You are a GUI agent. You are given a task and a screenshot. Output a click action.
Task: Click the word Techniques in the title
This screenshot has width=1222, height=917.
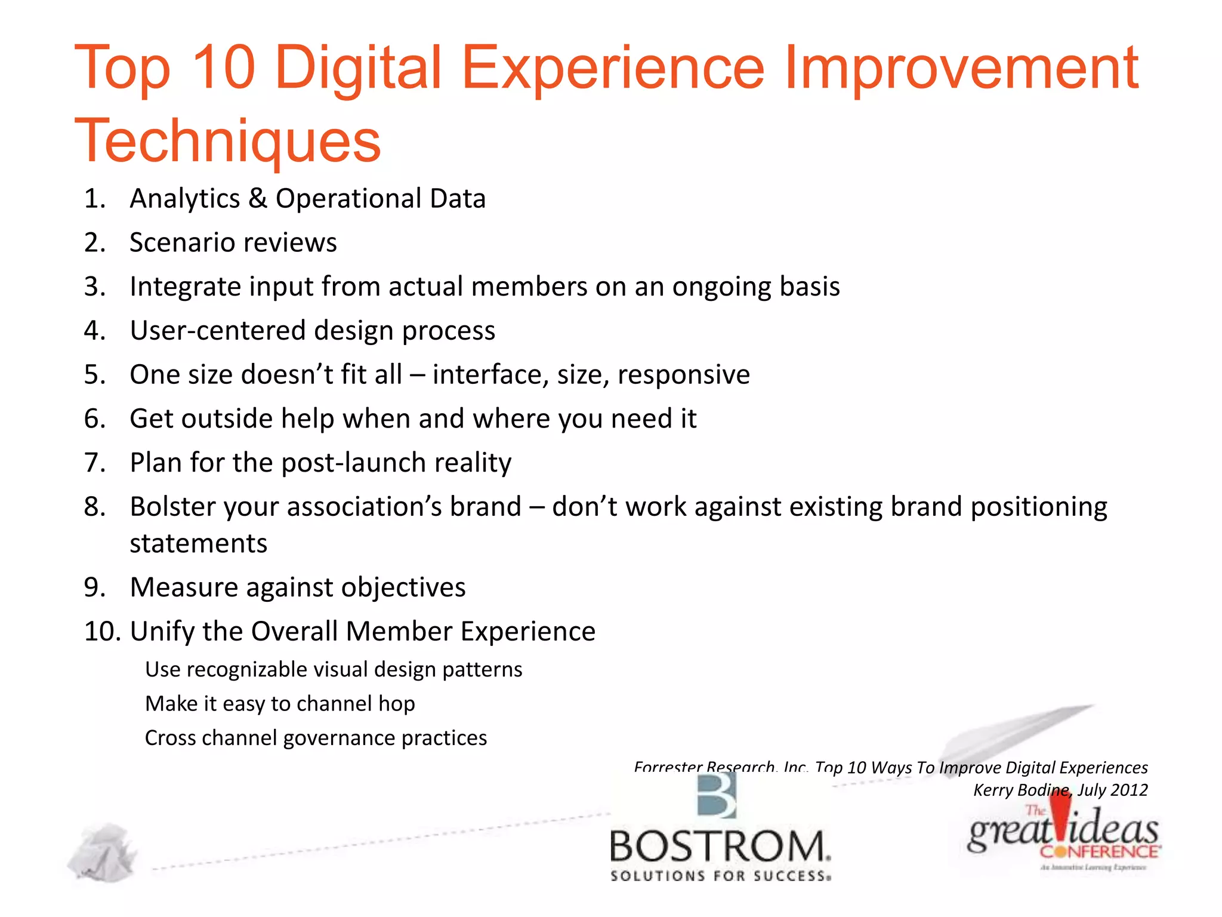[227, 141]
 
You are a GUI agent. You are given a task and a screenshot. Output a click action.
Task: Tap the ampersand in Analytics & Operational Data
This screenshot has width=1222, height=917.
[257, 198]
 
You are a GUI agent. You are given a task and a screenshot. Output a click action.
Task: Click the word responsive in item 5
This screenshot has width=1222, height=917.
[684, 375]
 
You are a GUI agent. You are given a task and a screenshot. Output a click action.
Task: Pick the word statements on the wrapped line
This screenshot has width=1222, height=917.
[198, 544]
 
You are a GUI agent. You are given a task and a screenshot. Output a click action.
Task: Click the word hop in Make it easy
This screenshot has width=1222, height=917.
[396, 704]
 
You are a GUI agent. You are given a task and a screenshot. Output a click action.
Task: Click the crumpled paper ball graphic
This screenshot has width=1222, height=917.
[103, 853]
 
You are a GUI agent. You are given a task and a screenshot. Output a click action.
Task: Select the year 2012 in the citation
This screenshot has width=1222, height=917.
[1129, 790]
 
